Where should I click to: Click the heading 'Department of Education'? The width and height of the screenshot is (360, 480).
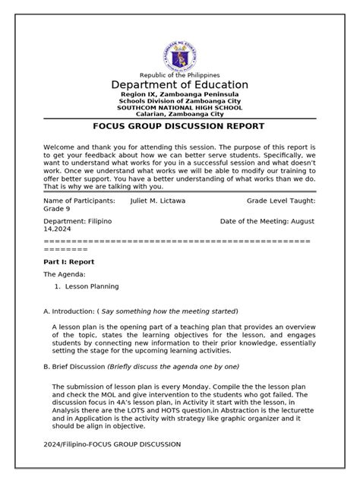[x=180, y=84]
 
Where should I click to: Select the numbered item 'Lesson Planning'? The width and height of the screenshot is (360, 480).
[x=92, y=286]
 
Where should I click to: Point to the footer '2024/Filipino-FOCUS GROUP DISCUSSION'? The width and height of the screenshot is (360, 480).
[x=112, y=444]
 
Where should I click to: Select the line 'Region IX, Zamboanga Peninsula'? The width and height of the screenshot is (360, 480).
[x=180, y=94]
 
